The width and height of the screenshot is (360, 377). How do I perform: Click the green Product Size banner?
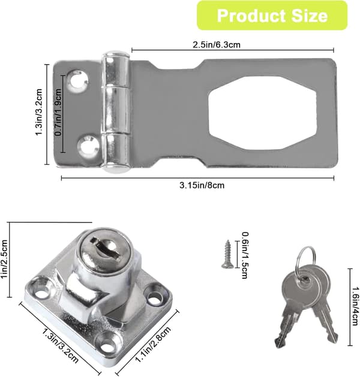click(272, 16)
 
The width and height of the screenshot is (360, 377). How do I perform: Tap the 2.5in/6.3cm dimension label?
click(217, 45)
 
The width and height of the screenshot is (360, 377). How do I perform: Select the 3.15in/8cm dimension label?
click(202, 185)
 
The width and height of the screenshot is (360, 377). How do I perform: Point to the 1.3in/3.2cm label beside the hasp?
click(39, 112)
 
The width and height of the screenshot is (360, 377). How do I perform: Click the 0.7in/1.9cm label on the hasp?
click(58, 112)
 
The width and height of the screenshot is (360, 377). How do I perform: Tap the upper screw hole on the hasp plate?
click(77, 81)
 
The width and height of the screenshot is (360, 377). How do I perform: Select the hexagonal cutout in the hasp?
click(262, 113)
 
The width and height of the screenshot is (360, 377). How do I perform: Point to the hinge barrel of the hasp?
click(115, 112)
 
